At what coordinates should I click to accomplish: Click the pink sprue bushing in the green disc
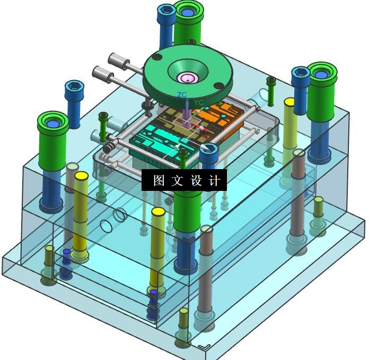(187, 77)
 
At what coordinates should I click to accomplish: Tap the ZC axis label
(182, 95)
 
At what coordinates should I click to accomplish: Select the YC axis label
(199, 102)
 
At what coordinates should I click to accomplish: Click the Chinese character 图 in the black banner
(159, 180)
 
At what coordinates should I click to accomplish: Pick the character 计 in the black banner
(214, 180)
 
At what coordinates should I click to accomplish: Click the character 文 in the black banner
(177, 180)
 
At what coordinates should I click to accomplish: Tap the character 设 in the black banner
(196, 180)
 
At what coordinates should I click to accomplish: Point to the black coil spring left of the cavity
(109, 147)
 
